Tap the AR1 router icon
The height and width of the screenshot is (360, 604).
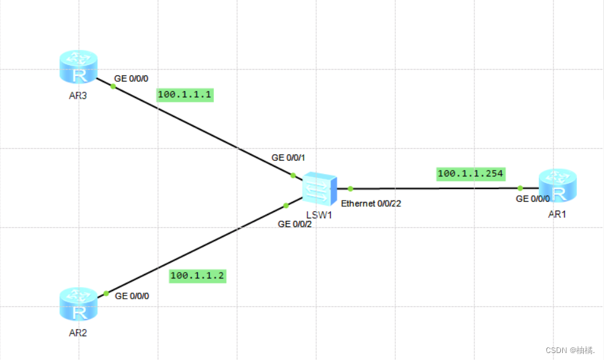(558, 186)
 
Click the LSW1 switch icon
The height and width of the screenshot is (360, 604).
(319, 189)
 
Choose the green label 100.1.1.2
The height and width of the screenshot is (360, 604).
(197, 276)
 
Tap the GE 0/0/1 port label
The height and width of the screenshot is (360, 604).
(288, 157)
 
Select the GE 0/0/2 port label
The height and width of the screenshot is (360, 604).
(295, 224)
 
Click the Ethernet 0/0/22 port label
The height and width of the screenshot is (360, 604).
(371, 204)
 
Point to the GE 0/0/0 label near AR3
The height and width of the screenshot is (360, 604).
(131, 78)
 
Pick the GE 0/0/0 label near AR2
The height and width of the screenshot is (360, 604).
(132, 296)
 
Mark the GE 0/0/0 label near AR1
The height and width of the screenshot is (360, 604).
(533, 199)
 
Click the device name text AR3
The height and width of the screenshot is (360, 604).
(78, 96)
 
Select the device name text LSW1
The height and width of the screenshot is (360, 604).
(319, 215)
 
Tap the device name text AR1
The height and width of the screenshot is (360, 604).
(557, 214)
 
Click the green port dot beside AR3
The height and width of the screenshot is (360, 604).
(113, 86)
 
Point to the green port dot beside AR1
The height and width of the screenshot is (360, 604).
(520, 188)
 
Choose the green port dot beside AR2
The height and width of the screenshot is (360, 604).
(106, 294)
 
